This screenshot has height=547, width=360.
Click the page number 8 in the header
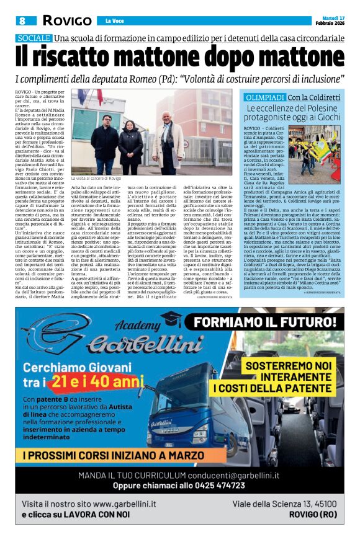[x=22, y=20]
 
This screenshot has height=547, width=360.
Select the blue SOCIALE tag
[x=34, y=39]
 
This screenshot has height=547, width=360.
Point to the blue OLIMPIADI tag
[x=266, y=98]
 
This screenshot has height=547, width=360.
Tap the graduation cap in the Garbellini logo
[x=171, y=319]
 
